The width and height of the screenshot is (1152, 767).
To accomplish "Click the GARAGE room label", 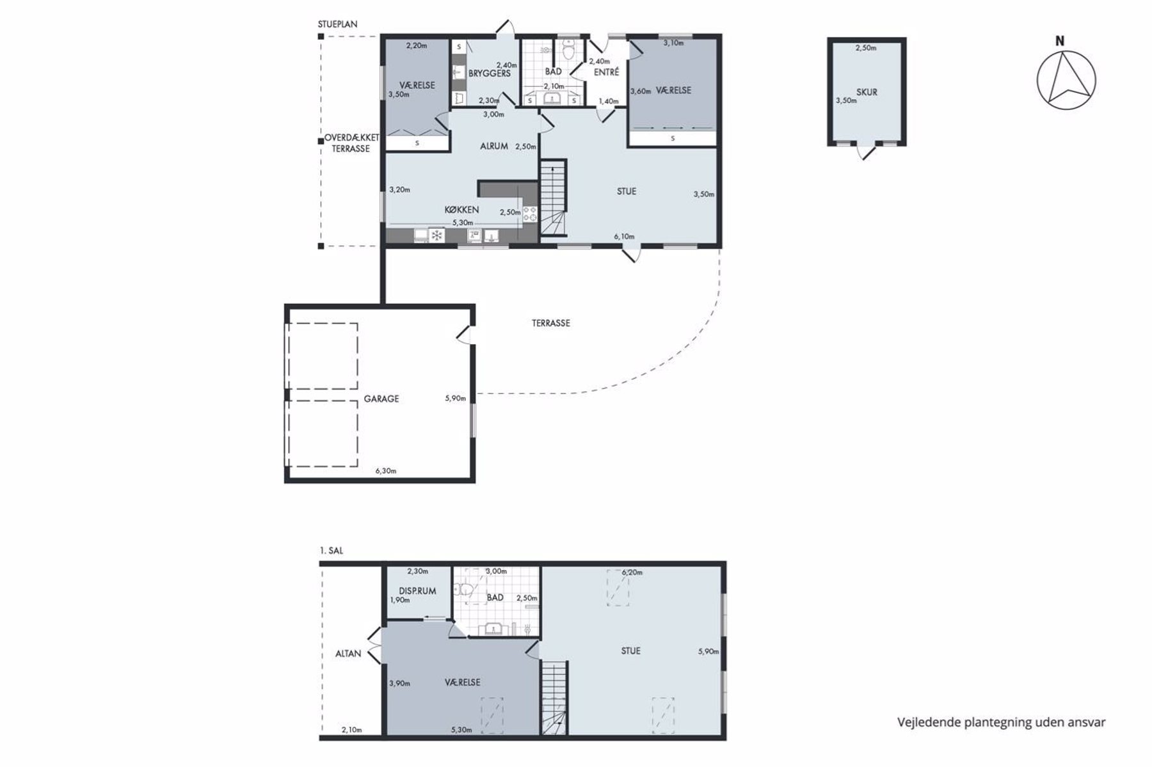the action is [381, 399].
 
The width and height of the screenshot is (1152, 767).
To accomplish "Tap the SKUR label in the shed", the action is [867, 92].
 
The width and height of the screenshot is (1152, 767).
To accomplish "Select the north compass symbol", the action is [1066, 79].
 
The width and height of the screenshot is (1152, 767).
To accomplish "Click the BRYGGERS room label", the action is [490, 74].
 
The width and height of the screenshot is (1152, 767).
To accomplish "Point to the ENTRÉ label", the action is [607, 72].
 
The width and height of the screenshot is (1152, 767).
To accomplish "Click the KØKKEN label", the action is [462, 210].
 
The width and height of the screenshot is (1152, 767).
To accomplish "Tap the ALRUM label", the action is [494, 146].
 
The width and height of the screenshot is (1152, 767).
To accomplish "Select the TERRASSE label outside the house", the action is [550, 323].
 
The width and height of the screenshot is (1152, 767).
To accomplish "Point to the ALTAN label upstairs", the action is [348, 654].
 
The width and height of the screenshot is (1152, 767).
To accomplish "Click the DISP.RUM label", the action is [417, 591].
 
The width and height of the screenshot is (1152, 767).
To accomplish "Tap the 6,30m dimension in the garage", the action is [385, 471].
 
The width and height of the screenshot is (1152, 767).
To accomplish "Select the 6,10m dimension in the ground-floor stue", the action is [624, 237].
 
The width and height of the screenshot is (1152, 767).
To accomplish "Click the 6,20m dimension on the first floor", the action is [632, 572].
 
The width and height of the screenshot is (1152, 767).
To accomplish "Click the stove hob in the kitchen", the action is [531, 214].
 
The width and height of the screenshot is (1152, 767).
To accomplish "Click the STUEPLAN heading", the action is [337, 24].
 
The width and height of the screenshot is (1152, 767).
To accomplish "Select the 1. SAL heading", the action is [331, 550].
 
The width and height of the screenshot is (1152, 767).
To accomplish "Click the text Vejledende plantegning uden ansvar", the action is [1001, 723].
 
